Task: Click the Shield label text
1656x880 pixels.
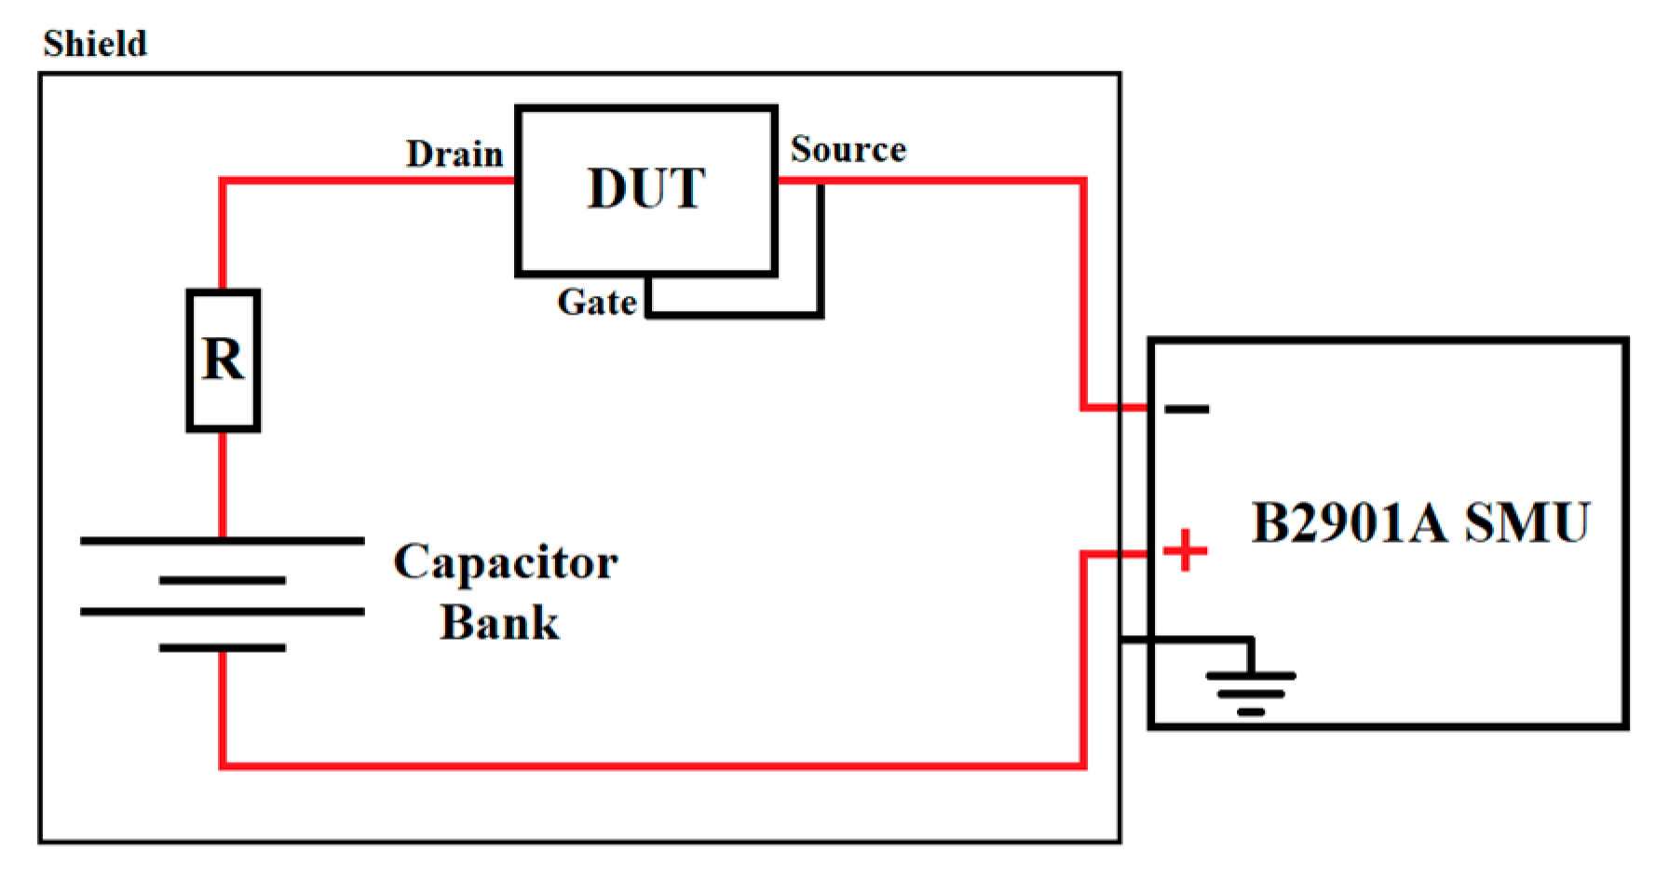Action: (94, 44)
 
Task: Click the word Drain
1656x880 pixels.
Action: (454, 154)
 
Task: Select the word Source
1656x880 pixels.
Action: (848, 149)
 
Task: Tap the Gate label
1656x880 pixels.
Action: (596, 302)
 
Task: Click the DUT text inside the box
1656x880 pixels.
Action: (646, 189)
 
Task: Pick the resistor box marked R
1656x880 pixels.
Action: (224, 360)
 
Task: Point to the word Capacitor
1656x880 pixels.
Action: (505, 562)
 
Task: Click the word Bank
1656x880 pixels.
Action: (499, 622)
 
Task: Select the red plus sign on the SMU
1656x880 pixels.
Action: (1185, 550)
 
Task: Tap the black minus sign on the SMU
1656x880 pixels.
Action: (1187, 408)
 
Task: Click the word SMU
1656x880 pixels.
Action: (1527, 522)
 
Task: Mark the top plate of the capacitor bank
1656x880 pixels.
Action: (222, 540)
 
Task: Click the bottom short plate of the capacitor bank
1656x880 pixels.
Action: (222, 647)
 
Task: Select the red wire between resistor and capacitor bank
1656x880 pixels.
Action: (223, 484)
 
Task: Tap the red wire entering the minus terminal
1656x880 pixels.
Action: (1113, 407)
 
